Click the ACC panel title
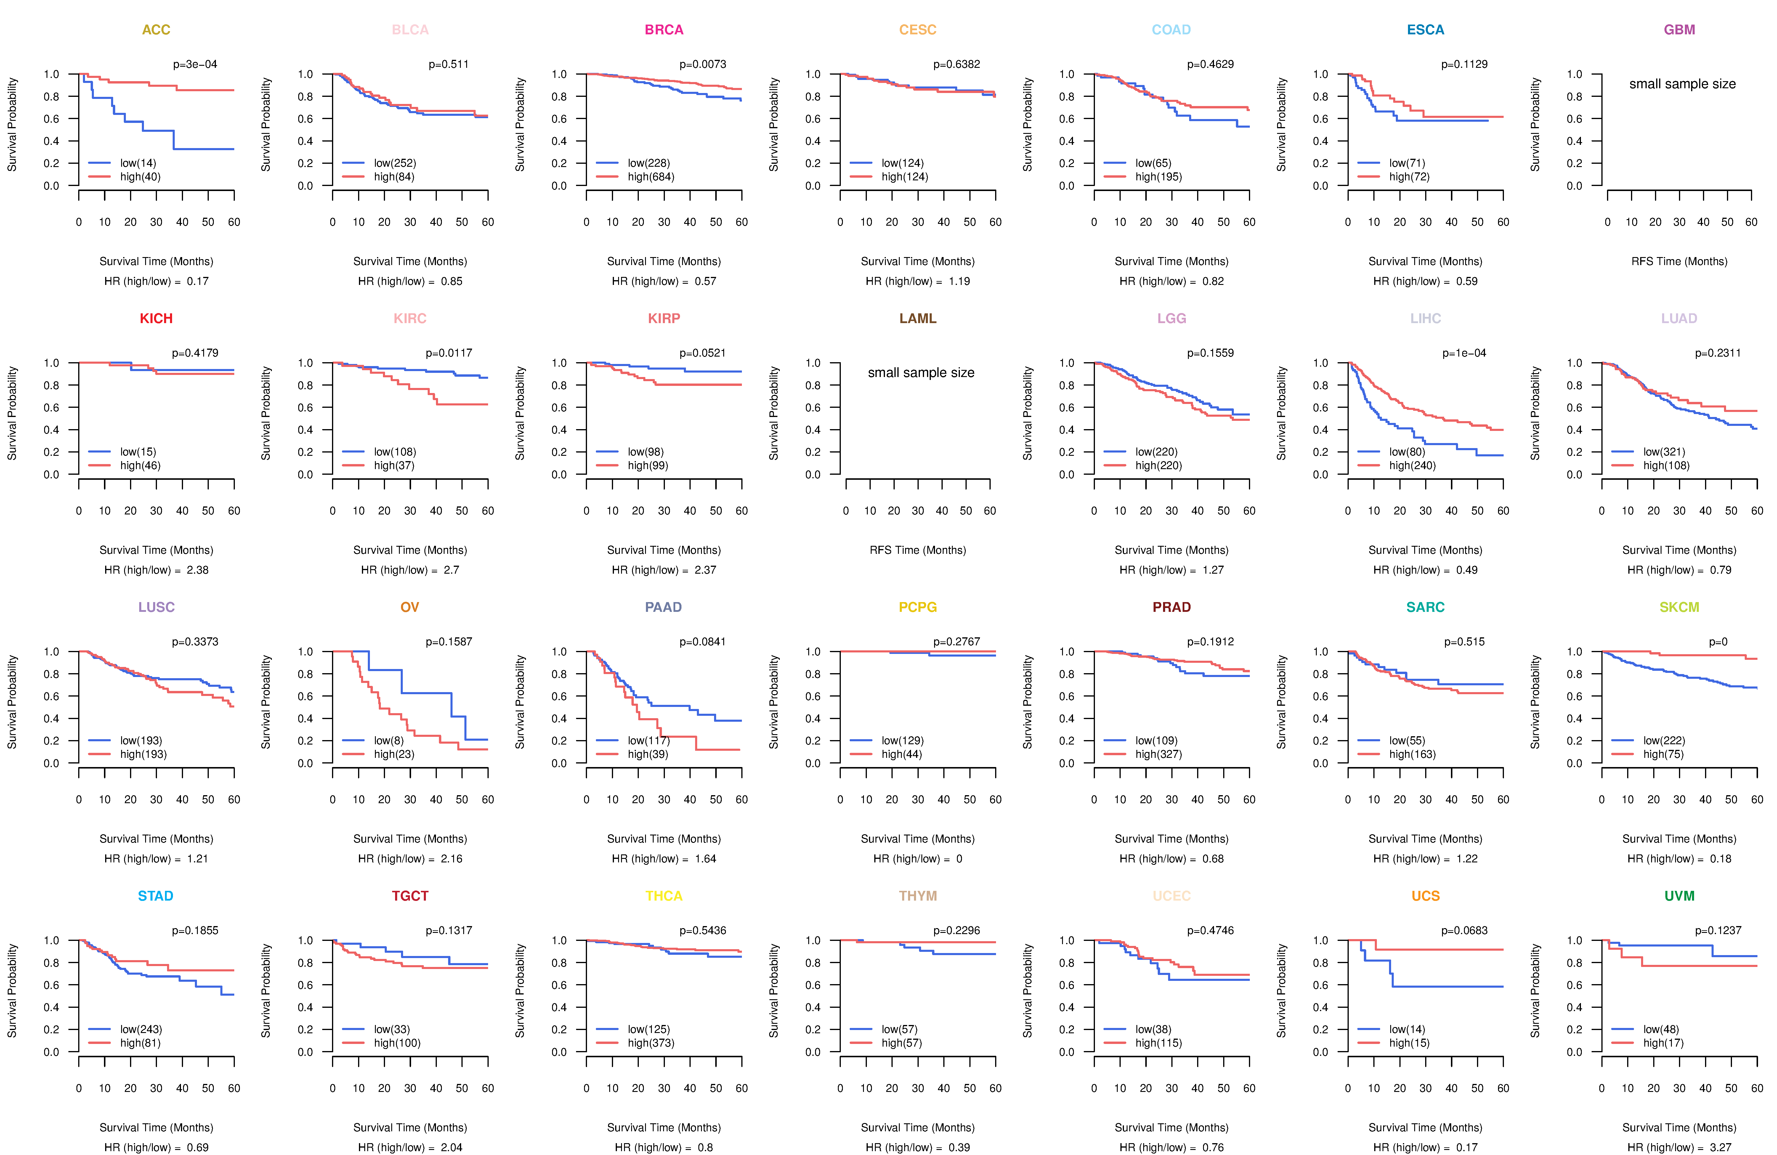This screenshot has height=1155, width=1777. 156,30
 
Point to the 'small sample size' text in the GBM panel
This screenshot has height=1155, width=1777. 1682,84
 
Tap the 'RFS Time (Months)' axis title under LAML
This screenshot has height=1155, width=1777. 918,550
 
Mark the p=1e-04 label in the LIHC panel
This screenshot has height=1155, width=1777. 1464,353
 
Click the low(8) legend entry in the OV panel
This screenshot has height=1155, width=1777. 388,741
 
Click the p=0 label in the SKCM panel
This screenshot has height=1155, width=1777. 1718,642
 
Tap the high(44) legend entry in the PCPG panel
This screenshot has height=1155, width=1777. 901,754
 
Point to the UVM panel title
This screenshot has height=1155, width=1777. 1679,896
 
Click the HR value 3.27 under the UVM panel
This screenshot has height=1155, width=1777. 1720,1148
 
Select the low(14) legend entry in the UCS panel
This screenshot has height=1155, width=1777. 1407,1029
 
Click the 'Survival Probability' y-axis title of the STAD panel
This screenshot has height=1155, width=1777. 12,991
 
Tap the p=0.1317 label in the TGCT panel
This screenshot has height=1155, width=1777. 449,930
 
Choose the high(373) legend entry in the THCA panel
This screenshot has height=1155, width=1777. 650,1043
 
